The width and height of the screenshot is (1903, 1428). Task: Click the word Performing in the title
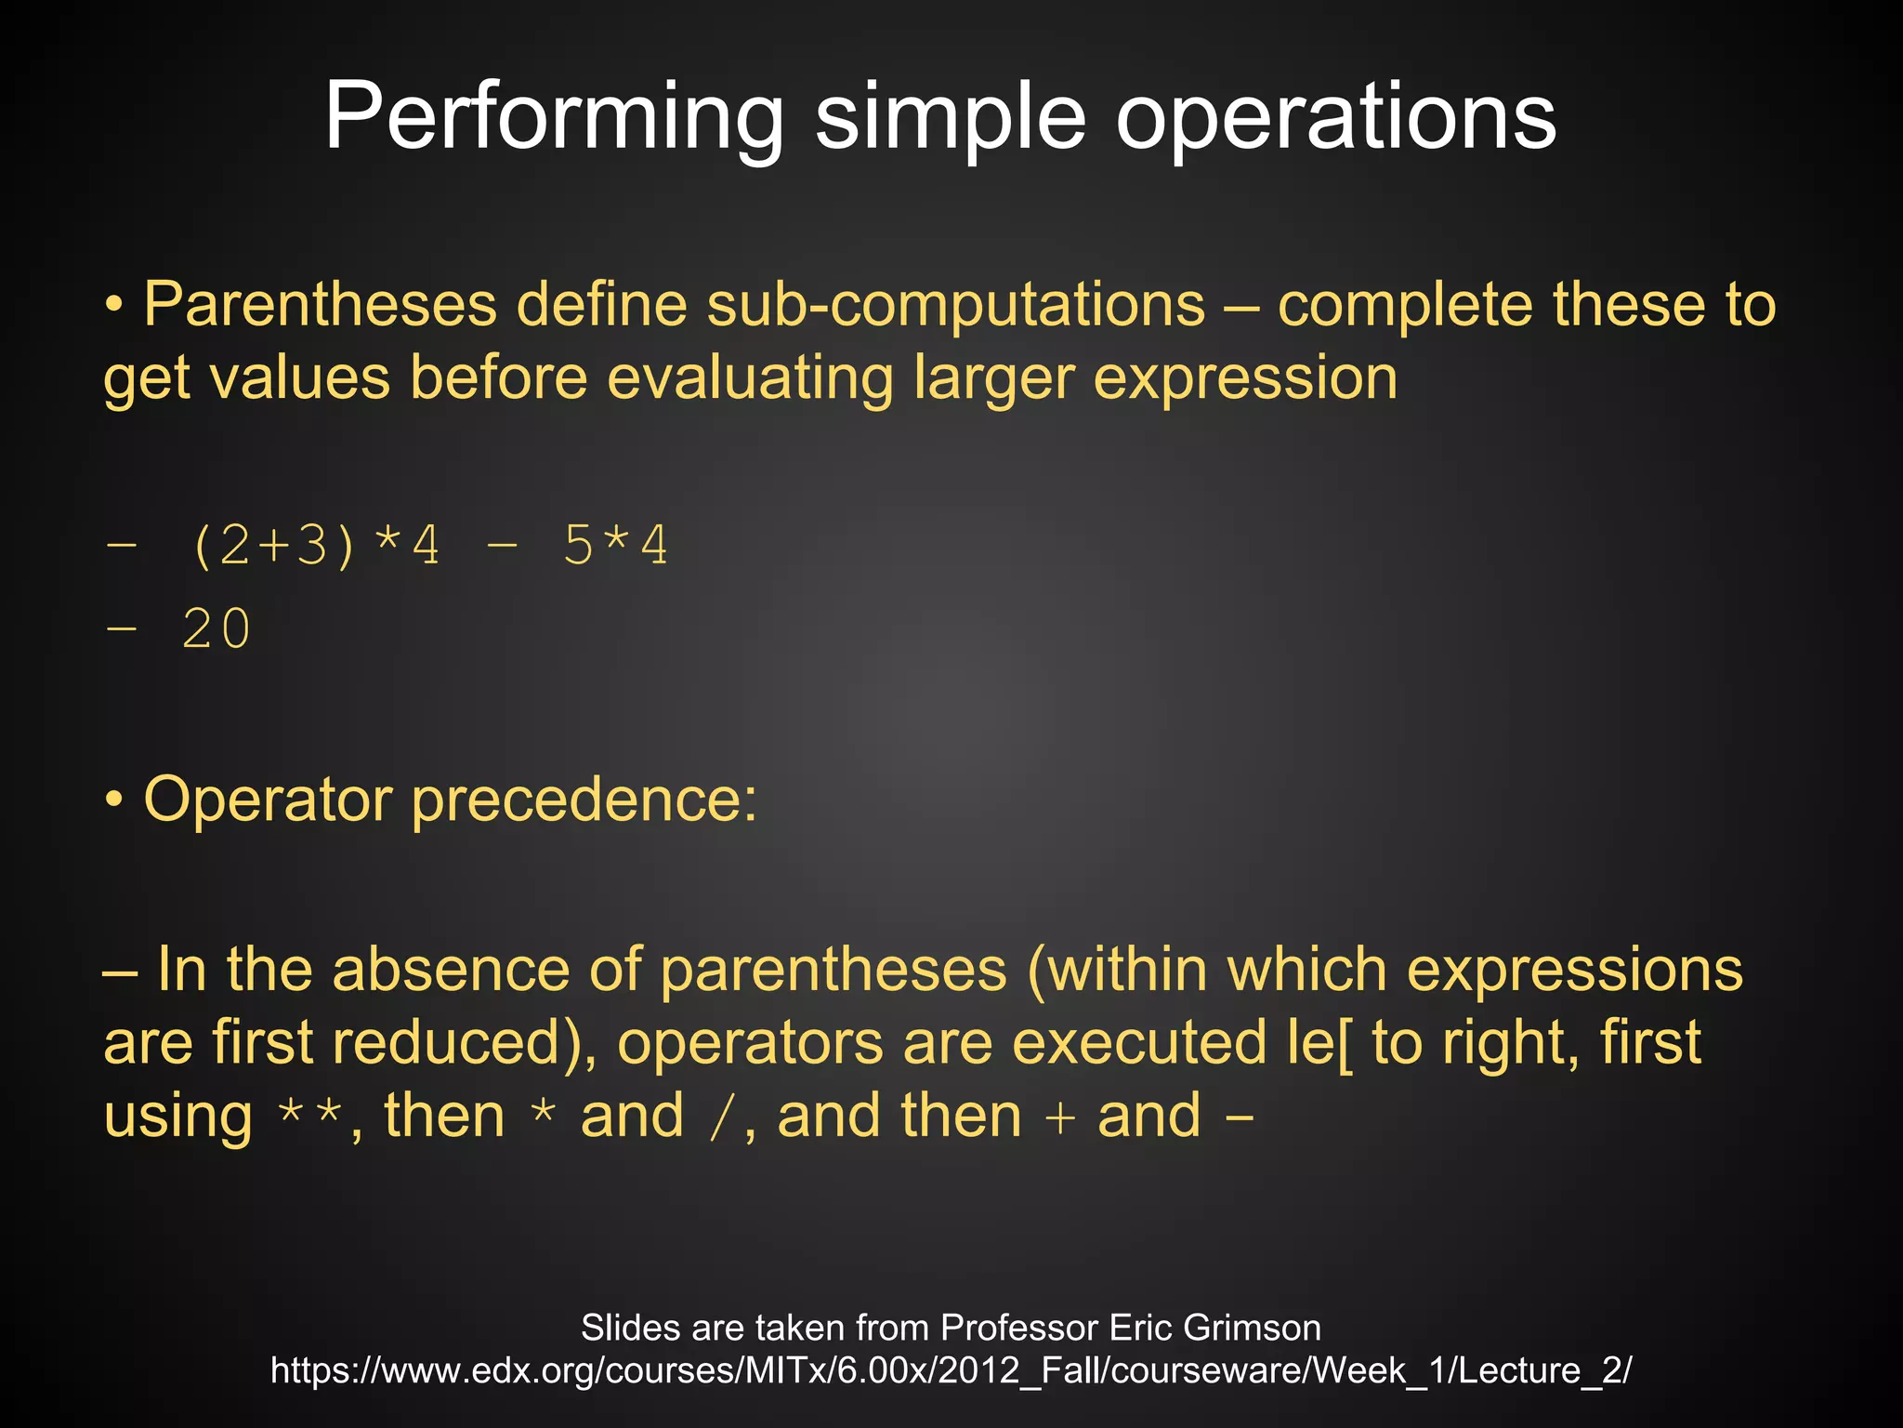554,117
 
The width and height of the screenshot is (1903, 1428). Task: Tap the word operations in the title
1335,117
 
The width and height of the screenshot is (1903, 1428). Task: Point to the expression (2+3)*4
315,546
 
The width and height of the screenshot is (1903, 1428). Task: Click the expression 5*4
615,546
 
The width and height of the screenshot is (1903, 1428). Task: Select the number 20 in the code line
217,629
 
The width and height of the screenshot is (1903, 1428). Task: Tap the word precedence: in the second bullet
584,800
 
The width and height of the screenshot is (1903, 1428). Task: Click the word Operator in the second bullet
269,800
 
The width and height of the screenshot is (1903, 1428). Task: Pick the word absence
452,970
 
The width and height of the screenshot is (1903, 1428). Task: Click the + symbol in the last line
1059,1117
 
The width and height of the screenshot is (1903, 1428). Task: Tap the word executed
1139,1043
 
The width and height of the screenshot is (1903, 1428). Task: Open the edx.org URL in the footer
951,1370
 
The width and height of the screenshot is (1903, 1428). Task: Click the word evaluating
750,378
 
